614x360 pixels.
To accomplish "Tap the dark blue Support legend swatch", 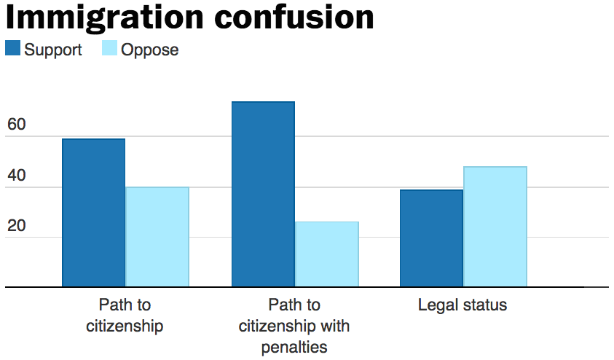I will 13,50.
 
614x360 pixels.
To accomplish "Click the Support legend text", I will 53,50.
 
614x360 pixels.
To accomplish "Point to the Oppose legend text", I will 149,50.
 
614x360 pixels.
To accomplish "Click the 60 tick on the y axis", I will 16,125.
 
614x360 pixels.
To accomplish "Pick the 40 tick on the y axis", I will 16,176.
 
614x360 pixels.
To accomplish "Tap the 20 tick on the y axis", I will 16,226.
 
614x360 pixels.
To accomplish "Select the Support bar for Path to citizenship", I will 93,213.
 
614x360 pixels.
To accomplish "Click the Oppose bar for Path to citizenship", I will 157,237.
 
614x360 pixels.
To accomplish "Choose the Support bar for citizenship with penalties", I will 263,195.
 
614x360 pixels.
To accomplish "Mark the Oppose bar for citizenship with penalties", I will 327,254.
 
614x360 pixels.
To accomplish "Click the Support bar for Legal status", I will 431,238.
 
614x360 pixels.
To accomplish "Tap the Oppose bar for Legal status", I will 495,227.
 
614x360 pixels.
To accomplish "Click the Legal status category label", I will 463,305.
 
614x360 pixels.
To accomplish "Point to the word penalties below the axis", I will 294,346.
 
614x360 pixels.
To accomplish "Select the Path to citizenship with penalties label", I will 294,325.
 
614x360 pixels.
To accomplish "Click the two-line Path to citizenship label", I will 125,315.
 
